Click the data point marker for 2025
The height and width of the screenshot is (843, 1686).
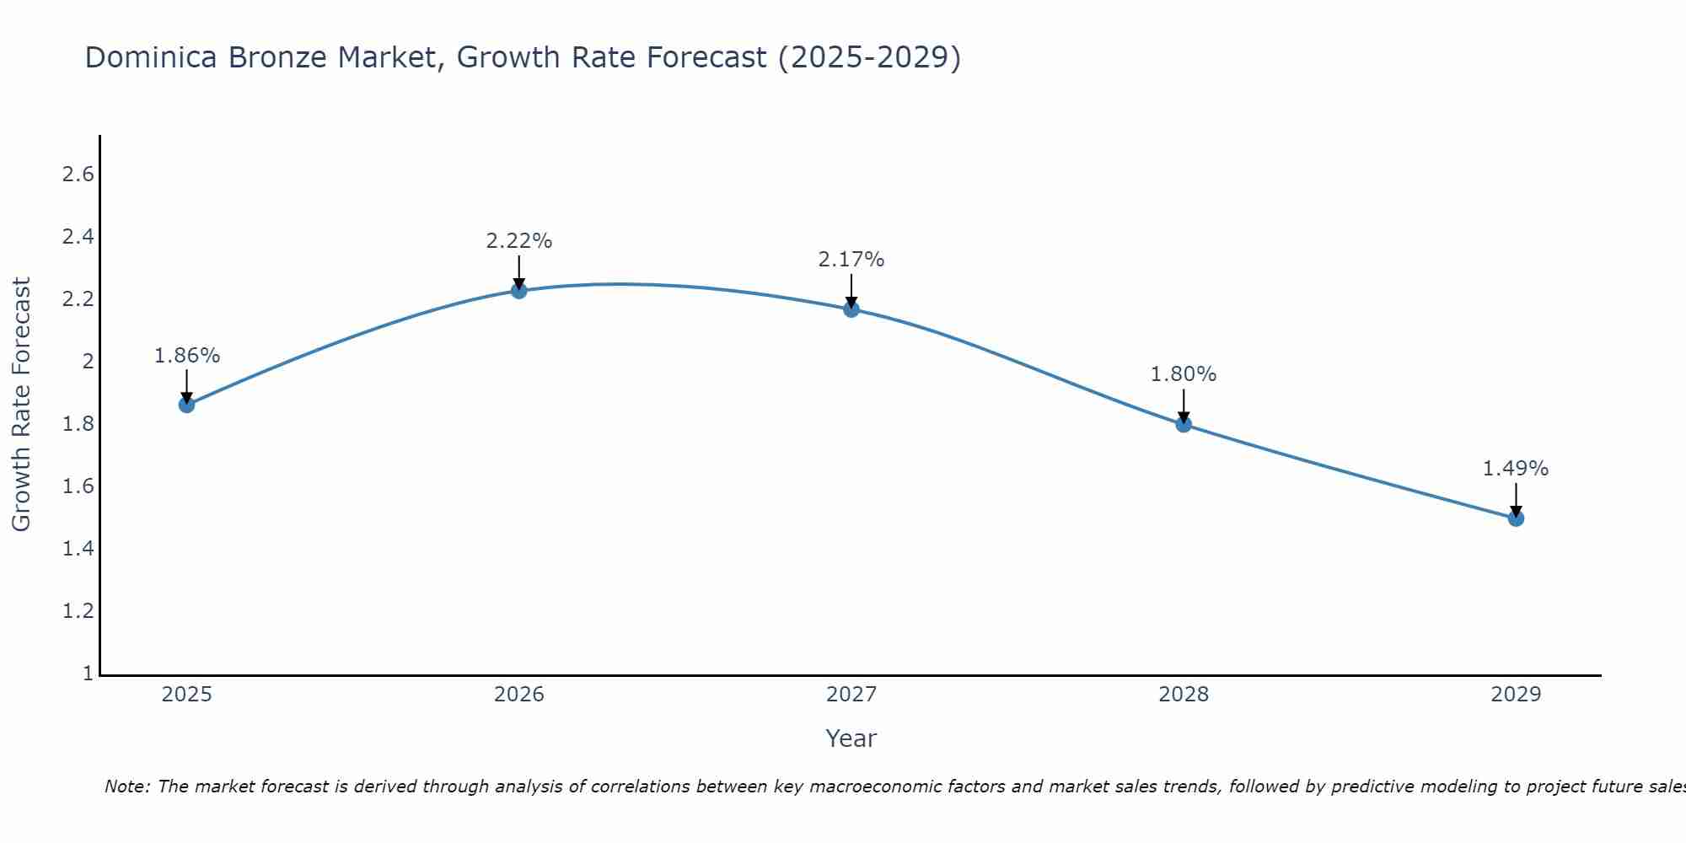[x=186, y=405]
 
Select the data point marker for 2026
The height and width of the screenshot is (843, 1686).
[x=519, y=291]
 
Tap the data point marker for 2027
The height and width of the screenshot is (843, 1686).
[x=851, y=309]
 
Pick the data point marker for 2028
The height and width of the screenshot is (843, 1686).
[x=1184, y=424]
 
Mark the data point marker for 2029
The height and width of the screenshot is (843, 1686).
[x=1516, y=518]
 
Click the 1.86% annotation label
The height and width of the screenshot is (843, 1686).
[x=186, y=356]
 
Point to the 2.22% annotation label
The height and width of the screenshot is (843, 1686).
[x=519, y=241]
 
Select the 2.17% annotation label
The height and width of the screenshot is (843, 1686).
[x=851, y=260]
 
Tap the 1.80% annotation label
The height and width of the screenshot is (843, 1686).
[x=1184, y=374]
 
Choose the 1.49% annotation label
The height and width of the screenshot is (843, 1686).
[x=1516, y=469]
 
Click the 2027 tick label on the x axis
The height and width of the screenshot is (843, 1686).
[x=851, y=695]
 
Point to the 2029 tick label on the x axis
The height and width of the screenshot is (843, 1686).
[x=1516, y=695]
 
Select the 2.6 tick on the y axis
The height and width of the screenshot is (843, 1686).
[x=78, y=175]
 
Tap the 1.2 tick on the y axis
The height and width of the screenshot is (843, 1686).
[x=78, y=611]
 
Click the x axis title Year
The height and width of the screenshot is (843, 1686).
[x=851, y=738]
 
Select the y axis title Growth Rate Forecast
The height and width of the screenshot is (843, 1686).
[x=21, y=405]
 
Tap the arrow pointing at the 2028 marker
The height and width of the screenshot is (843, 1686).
[x=1184, y=406]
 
